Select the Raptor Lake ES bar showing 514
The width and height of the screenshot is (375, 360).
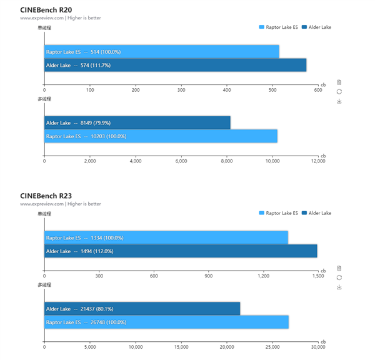161,52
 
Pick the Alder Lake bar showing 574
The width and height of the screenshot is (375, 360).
175,65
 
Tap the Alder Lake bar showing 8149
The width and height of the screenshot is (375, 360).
137,123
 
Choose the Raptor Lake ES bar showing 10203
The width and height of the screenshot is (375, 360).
161,136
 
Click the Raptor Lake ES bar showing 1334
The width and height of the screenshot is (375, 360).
166,237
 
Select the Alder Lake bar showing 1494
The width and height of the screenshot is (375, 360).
181,251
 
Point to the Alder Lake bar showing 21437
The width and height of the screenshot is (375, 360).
142,309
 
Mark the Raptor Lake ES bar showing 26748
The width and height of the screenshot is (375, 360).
166,322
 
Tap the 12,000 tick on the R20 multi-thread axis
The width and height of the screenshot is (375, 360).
318,161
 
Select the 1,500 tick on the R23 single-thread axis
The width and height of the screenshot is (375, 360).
317,276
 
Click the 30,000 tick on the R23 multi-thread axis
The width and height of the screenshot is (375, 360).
317,347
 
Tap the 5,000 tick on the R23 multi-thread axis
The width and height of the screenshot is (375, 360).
90,347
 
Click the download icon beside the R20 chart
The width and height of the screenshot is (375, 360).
339,101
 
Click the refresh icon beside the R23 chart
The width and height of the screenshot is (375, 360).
339,277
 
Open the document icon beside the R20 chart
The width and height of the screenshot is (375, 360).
339,82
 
